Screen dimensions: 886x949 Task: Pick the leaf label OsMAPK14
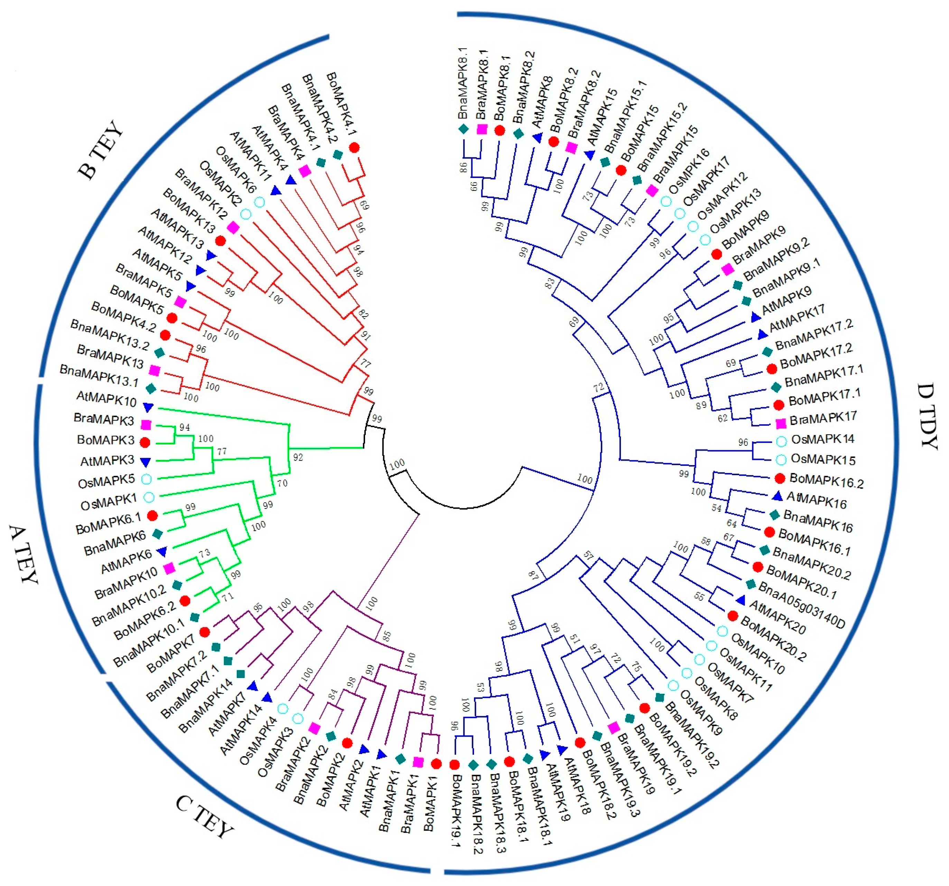(x=822, y=439)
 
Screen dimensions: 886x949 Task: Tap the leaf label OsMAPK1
(x=108, y=502)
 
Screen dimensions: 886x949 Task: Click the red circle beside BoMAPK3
(x=145, y=442)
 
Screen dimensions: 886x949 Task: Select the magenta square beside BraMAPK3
(x=146, y=425)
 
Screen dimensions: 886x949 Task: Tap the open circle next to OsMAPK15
(x=781, y=460)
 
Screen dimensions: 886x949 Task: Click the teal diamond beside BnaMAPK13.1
(x=151, y=388)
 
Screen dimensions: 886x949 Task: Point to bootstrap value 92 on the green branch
(x=298, y=458)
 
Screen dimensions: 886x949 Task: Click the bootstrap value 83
(x=550, y=283)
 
